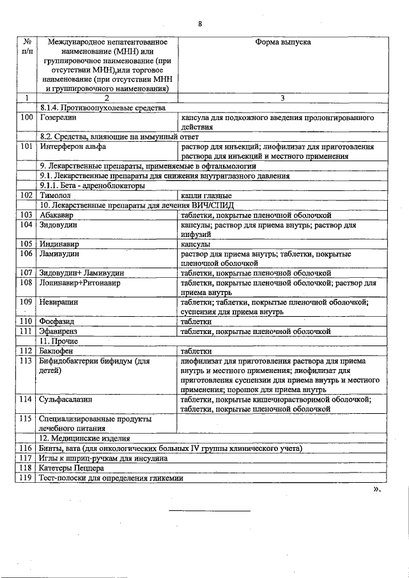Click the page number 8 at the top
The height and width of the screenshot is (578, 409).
pyautogui.click(x=200, y=24)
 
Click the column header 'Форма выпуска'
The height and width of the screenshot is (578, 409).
pyautogui.click(x=282, y=42)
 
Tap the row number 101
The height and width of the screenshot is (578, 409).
pyautogui.click(x=26, y=146)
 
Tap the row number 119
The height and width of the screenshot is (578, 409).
pyautogui.click(x=26, y=477)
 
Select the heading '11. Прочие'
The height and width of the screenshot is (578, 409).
pyautogui.click(x=59, y=341)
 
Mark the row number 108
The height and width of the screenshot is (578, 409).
pyautogui.click(x=26, y=282)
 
